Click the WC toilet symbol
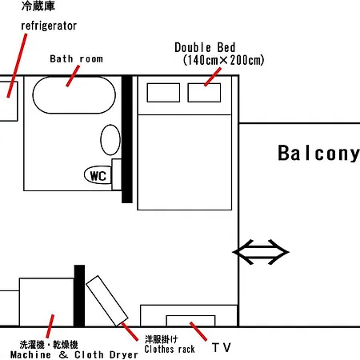tap(98, 175)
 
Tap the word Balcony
tap(319, 154)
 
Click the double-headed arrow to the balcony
tap(261, 252)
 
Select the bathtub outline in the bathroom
tap(74, 77)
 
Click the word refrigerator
tap(49, 26)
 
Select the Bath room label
tap(76, 59)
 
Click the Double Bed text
tap(205, 48)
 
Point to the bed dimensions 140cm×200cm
tap(223, 60)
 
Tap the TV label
tap(222, 348)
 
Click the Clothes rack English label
tap(170, 349)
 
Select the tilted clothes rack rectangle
tap(107, 301)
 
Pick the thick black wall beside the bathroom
tap(127, 139)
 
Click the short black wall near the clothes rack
tap(79, 295)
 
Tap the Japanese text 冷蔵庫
tap(38, 6)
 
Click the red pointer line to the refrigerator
tap(17, 66)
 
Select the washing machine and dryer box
tap(46, 302)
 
